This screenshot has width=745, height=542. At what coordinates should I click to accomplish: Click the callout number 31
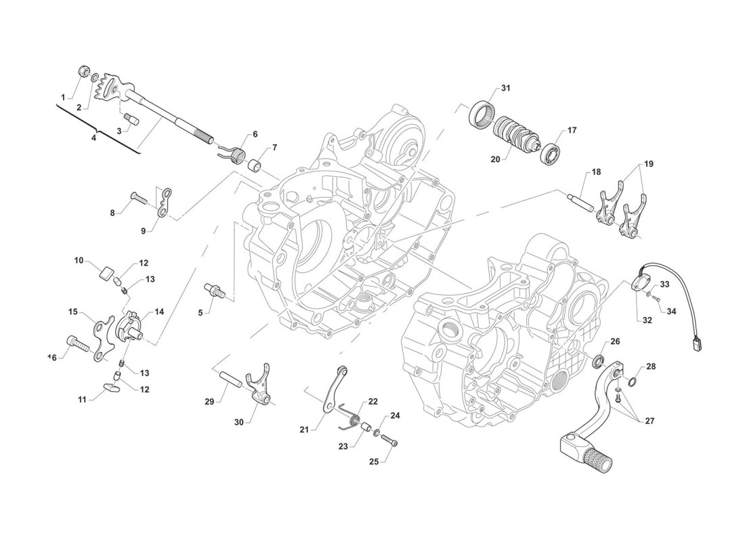[x=505, y=89]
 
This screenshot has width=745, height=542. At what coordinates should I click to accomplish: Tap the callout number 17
[x=572, y=130]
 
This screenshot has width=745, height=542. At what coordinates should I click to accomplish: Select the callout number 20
[x=495, y=160]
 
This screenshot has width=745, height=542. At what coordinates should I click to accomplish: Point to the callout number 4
[x=94, y=138]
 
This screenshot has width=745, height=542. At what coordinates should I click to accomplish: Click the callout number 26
[x=615, y=341]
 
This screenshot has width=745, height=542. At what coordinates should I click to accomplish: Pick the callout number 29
[x=209, y=402]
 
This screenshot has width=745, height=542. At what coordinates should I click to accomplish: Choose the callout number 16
[x=52, y=356]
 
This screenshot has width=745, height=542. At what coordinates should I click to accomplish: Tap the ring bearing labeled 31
[x=482, y=111]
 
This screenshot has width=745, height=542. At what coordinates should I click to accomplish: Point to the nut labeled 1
[x=85, y=70]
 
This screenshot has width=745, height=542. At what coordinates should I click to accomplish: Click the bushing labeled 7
[x=255, y=165]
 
